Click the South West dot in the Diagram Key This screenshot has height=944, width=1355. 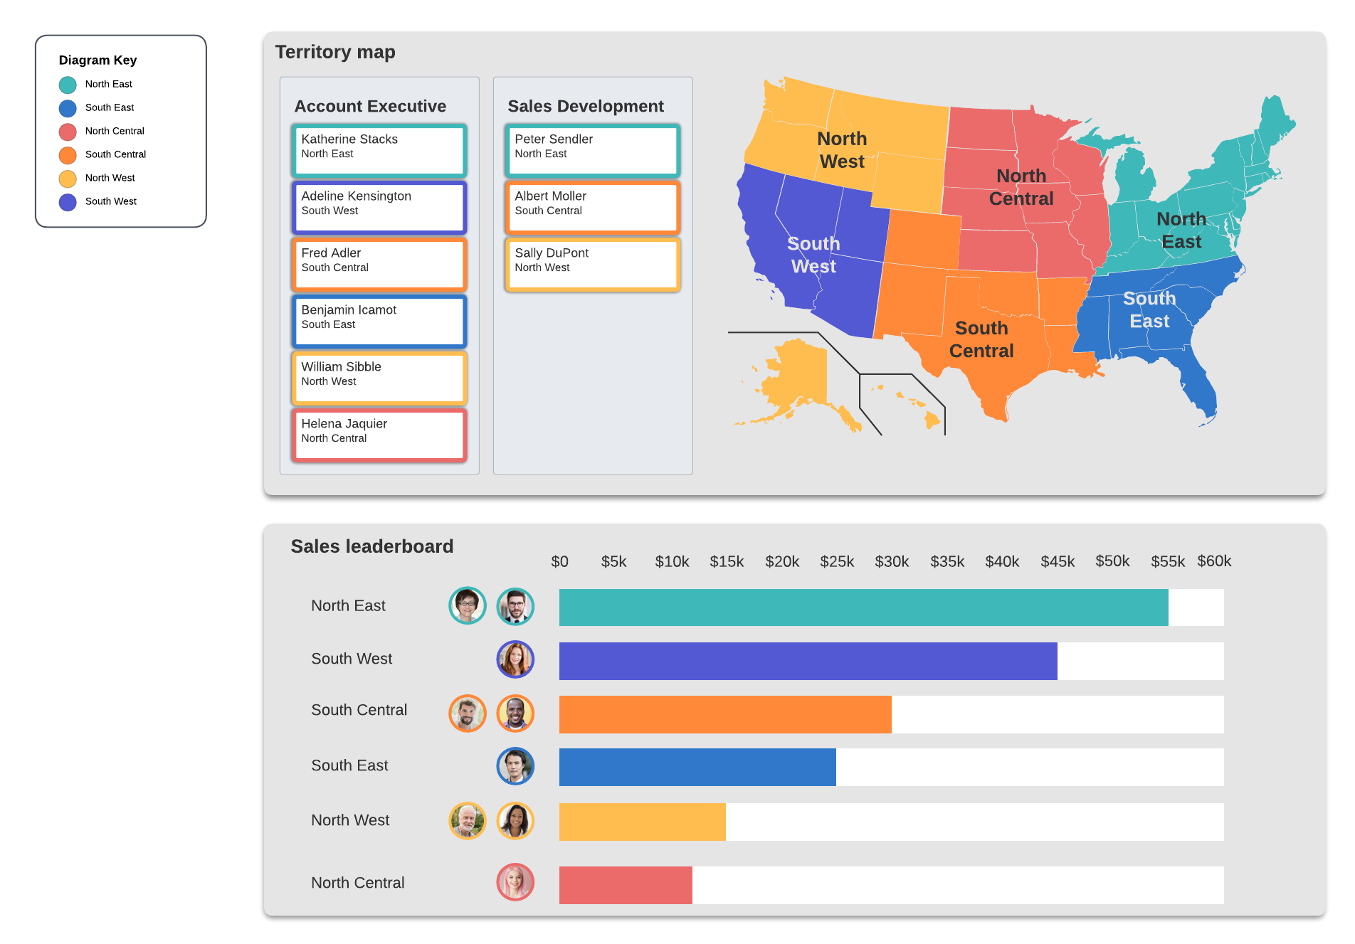(68, 202)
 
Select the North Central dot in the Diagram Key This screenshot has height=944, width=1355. (68, 132)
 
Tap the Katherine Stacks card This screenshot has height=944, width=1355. (379, 150)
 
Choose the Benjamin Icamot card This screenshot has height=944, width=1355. (379, 321)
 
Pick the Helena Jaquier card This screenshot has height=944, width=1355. (379, 435)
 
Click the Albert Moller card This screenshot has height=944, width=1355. (592, 207)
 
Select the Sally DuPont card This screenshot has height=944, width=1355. (592, 264)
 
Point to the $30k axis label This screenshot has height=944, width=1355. (892, 561)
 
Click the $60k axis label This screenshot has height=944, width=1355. (1214, 561)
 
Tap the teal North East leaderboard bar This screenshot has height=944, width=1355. (863, 608)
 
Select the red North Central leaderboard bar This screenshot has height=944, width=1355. (626, 885)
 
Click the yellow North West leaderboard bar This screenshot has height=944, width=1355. (642, 822)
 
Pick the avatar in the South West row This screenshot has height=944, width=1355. (515, 659)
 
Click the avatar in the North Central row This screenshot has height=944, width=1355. (515, 882)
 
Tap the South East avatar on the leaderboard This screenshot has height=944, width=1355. (515, 766)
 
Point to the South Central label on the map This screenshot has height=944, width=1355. (981, 339)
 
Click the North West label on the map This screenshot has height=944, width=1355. (842, 150)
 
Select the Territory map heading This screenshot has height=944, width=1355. (335, 52)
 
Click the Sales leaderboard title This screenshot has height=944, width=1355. (371, 546)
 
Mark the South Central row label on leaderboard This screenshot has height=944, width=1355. (359, 710)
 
